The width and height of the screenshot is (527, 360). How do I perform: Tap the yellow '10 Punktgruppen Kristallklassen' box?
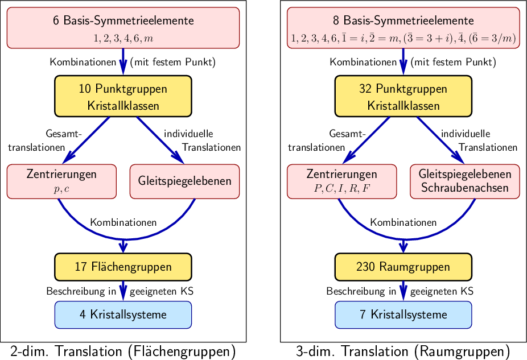pos(123,97)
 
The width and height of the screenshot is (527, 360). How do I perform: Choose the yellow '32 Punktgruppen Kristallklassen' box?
pos(403,97)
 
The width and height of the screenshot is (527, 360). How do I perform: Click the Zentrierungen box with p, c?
pos(61,181)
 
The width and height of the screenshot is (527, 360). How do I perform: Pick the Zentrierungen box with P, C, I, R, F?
pos(341,181)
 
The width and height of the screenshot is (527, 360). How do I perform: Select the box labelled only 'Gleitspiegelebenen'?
pos(184,181)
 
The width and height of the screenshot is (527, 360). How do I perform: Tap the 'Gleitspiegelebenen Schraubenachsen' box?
pos(464,181)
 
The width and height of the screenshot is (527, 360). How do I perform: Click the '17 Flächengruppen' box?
pos(123,267)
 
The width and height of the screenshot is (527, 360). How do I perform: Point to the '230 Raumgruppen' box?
pos(403,267)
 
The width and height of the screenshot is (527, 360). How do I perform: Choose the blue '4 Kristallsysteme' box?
pos(123,315)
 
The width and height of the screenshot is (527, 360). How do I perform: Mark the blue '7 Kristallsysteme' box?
pos(403,315)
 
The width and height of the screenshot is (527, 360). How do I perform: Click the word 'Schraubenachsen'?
pos(464,188)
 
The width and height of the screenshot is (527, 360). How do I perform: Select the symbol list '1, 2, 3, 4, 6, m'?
pos(123,39)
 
